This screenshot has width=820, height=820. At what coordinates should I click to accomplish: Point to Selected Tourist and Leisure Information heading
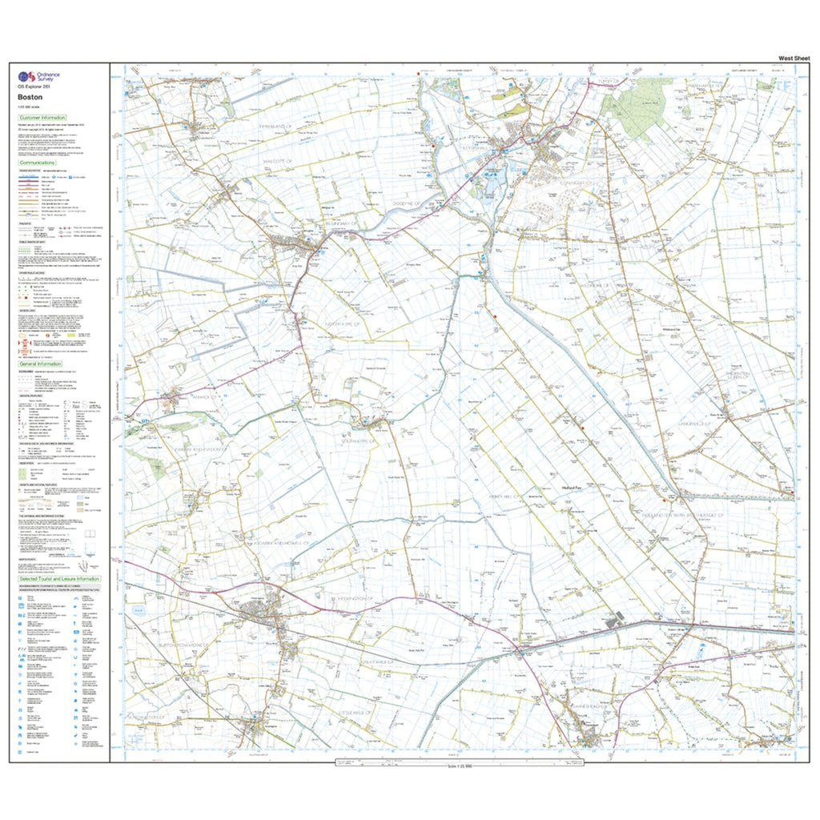click(x=59, y=578)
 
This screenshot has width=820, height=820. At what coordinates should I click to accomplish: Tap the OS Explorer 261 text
click(x=35, y=88)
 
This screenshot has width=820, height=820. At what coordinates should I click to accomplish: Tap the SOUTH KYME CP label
click(x=360, y=440)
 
